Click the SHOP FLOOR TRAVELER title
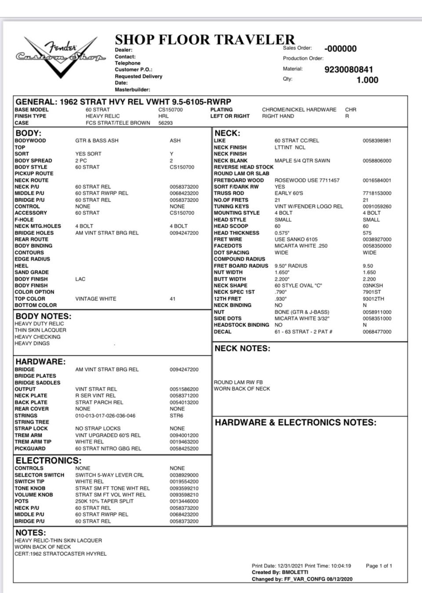click(205, 40)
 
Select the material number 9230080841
click(349, 70)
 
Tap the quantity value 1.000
click(367, 80)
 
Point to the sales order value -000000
click(340, 49)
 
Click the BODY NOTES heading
click(43, 316)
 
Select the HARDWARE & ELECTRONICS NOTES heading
click(295, 423)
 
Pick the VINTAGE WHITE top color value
click(96, 299)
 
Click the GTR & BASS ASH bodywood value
click(97, 141)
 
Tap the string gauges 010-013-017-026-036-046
click(105, 416)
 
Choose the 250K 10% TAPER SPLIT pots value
click(104, 501)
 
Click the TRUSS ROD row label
click(229, 193)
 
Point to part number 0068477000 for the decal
click(377, 332)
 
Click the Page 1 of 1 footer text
click(378, 566)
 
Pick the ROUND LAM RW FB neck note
click(238, 382)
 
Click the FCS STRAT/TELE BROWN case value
click(118, 123)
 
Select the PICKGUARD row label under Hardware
click(30, 449)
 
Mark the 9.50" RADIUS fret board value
click(291, 266)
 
